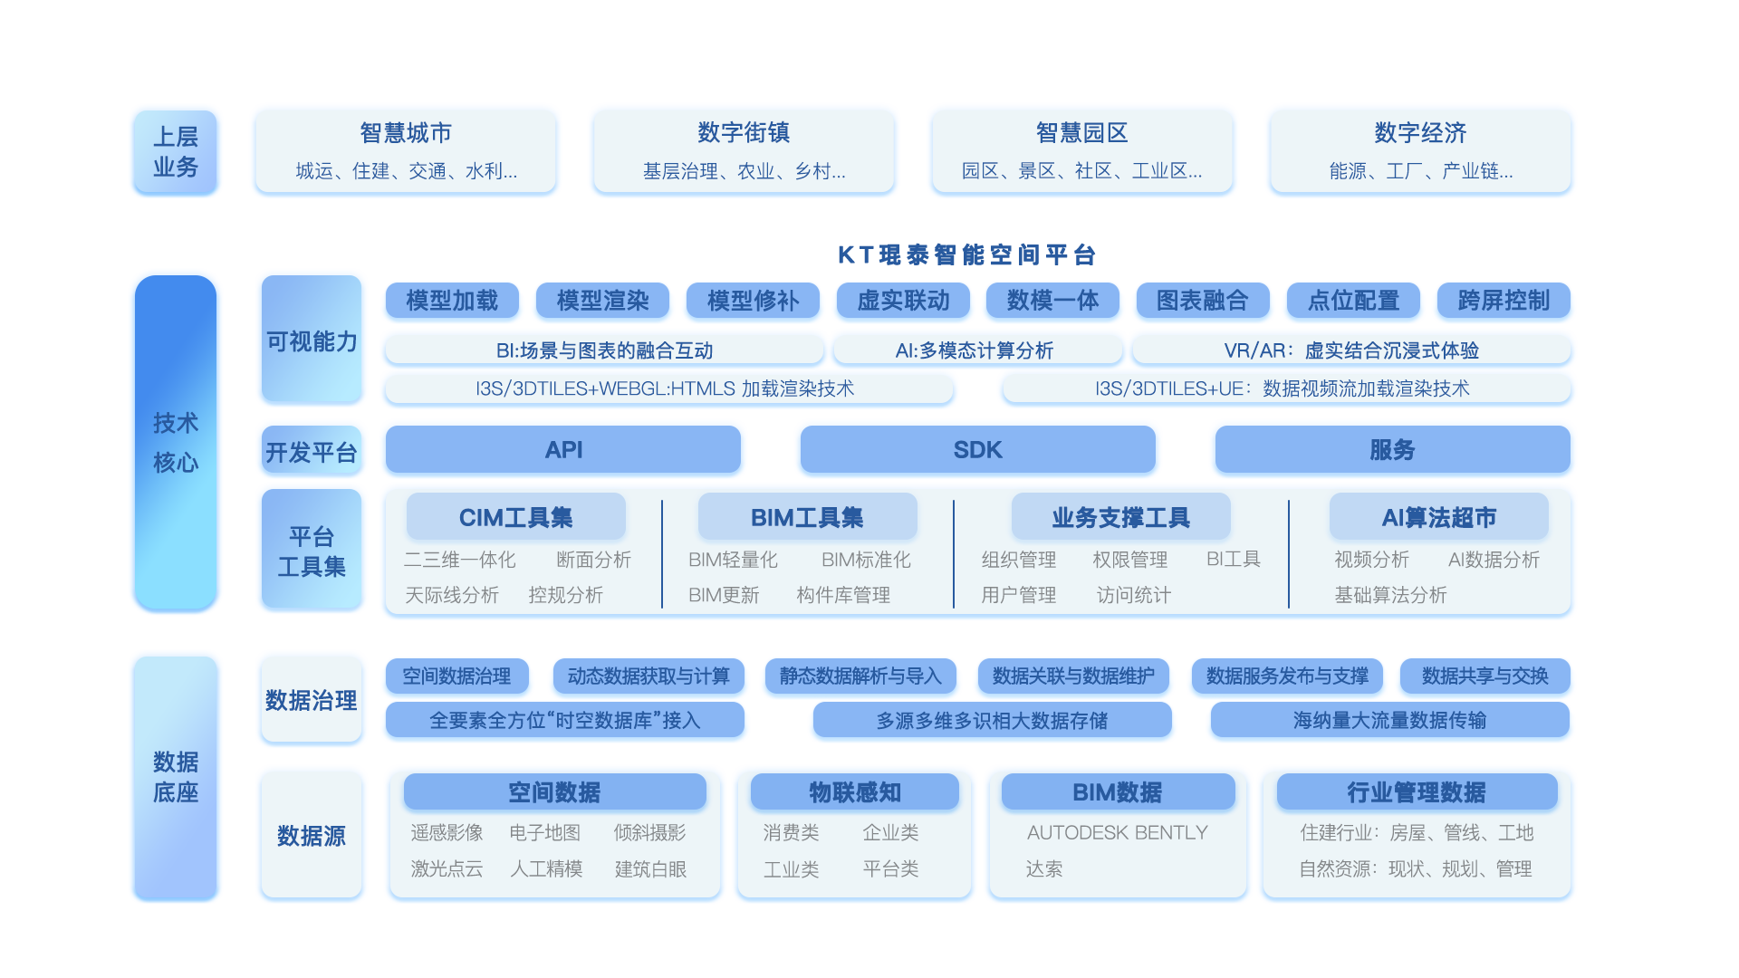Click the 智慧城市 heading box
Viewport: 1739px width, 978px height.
pos(406,133)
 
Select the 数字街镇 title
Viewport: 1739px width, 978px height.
pos(744,133)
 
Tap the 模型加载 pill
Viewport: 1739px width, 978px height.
pos(452,300)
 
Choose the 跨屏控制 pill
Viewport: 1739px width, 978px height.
pos(1504,300)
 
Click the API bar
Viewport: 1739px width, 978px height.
pos(563,450)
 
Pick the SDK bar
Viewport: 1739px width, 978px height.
pos(977,450)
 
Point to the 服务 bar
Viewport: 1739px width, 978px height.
pos(1391,450)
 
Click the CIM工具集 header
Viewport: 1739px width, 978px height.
pos(515,517)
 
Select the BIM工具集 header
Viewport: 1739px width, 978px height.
pos(807,517)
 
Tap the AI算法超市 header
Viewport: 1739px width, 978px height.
pos(1438,517)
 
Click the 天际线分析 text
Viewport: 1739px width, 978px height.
pos(452,595)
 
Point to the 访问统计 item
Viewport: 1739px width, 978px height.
pos(1133,595)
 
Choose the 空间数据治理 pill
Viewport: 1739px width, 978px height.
pos(456,676)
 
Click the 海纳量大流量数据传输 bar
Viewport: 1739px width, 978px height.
pos(1389,720)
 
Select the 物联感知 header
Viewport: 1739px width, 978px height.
pos(854,792)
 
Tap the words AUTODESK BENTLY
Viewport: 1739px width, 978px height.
pos(1117,832)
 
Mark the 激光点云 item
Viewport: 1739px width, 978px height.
pos(447,868)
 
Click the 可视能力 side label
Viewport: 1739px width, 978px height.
pos(312,341)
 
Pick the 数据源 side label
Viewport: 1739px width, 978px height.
pos(312,835)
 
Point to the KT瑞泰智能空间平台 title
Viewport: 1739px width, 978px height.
pos(966,254)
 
